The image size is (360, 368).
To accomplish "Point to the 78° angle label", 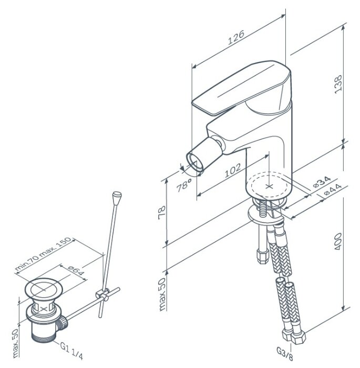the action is [184, 186].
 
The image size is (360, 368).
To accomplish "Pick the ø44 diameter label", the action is [333, 190].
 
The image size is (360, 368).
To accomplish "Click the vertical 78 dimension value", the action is [162, 212].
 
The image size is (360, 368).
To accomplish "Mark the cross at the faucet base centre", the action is [270, 185].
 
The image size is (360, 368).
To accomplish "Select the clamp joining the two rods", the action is [103, 295].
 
